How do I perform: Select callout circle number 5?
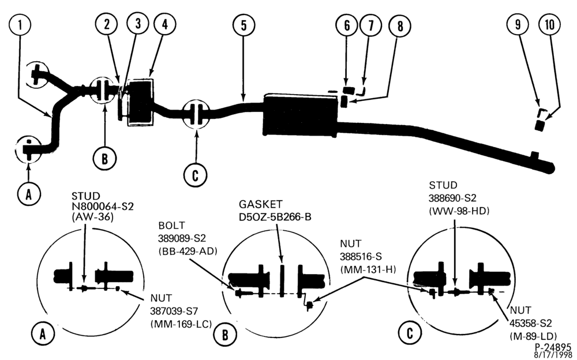243,25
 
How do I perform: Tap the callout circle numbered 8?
400,25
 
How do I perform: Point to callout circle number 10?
549,25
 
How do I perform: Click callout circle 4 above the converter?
164,24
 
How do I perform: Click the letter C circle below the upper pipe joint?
196,175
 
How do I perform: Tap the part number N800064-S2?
103,206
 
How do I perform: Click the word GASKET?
261,204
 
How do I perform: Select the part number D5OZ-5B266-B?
275,217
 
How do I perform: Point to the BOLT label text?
171,225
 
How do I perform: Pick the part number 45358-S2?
531,323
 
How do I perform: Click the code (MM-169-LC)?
181,324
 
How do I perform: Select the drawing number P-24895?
553,347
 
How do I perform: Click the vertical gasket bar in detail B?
282,280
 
